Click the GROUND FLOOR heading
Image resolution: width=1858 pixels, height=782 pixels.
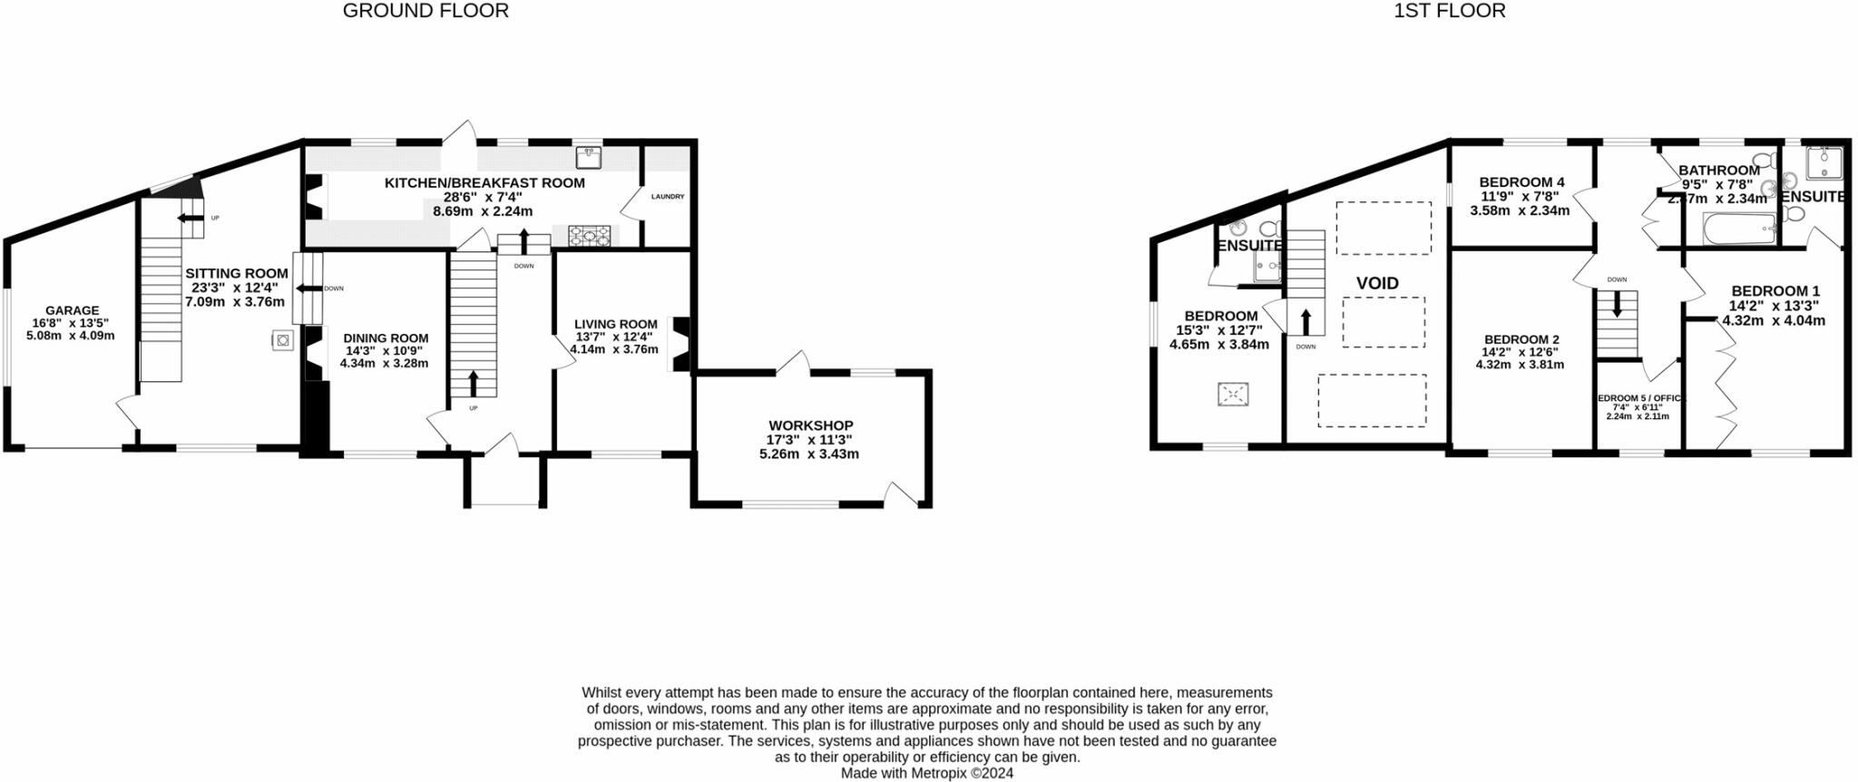pos(425,11)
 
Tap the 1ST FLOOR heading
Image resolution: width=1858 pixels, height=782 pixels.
pos(1450,11)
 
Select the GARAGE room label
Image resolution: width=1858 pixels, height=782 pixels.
pos(72,310)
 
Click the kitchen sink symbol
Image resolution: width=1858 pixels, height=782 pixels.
pos(590,158)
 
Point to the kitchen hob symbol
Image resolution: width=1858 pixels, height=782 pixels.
pos(590,237)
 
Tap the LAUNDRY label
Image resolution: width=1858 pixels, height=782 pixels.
pos(668,197)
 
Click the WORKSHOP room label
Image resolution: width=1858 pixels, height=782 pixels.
pos(810,425)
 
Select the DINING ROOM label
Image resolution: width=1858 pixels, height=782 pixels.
pos(386,338)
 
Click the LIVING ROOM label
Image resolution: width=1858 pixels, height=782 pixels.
pos(615,324)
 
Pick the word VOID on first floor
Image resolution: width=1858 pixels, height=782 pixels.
pos(1377,283)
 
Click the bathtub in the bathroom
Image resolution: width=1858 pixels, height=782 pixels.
pos(1739,229)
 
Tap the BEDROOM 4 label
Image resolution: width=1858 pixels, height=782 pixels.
pos(1521,182)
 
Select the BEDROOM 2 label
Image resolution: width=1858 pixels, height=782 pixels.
pos(1521,339)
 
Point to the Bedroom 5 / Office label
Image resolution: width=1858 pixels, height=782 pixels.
pos(1638,398)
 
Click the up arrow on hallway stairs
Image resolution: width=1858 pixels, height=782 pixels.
pos(473,383)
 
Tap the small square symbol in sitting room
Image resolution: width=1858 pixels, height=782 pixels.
pos(283,340)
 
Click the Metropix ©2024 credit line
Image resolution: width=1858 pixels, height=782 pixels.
pos(926,774)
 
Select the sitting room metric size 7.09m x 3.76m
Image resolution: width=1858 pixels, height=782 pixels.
pos(235,301)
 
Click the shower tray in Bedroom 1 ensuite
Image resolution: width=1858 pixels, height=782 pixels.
pos(1824,163)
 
